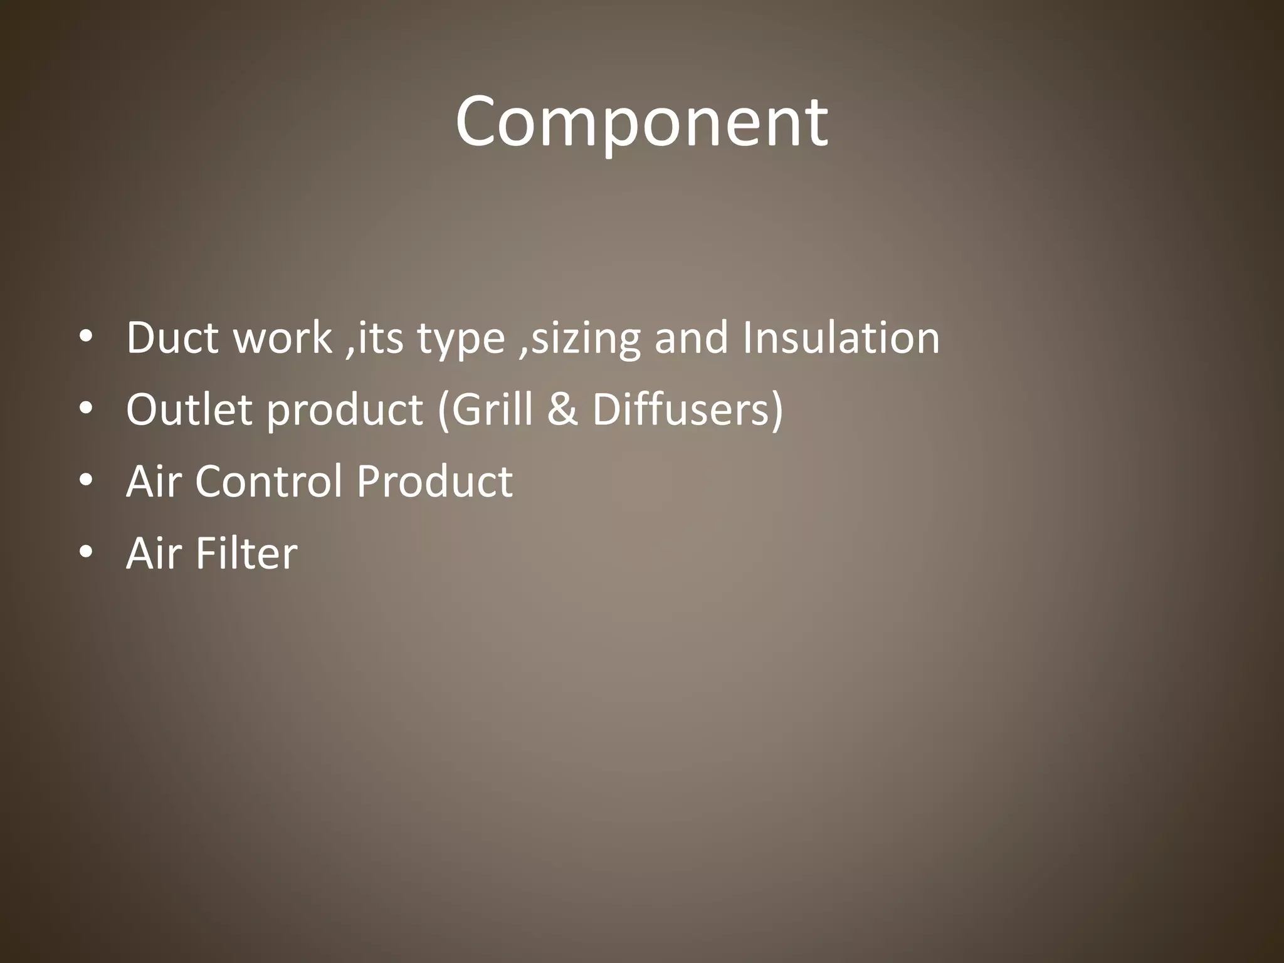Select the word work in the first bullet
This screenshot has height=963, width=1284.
(282, 338)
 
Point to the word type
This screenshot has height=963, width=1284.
(461, 339)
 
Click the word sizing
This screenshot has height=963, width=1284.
(586, 339)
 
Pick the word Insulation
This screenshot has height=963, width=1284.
(841, 338)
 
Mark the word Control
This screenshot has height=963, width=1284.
(270, 481)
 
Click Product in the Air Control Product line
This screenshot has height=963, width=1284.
(434, 481)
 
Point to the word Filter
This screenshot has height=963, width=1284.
(246, 554)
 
